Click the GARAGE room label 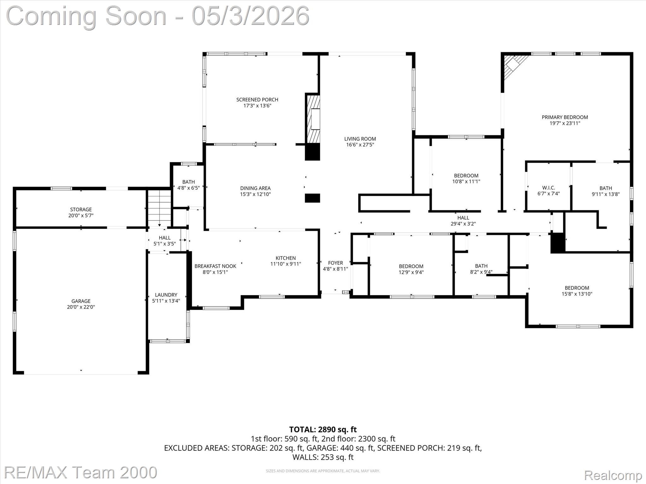tap(81, 301)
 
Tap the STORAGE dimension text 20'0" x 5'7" tap(81, 216)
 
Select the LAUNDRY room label tap(166, 295)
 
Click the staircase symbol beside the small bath tap(160, 208)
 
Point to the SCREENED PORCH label tap(257, 100)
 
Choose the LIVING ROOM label tap(360, 139)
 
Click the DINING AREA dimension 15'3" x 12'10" tap(255, 194)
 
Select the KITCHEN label tap(285, 258)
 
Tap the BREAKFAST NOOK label tap(215, 266)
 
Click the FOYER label tap(335, 263)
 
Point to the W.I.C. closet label tap(549, 188)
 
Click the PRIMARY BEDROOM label tap(565, 117)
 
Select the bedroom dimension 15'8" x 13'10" tap(577, 294)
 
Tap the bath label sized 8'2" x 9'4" tap(481, 266)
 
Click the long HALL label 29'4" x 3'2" tap(463, 218)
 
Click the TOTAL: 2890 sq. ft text tap(323, 429)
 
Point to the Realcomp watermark tap(613, 475)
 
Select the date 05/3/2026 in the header tap(250, 16)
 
